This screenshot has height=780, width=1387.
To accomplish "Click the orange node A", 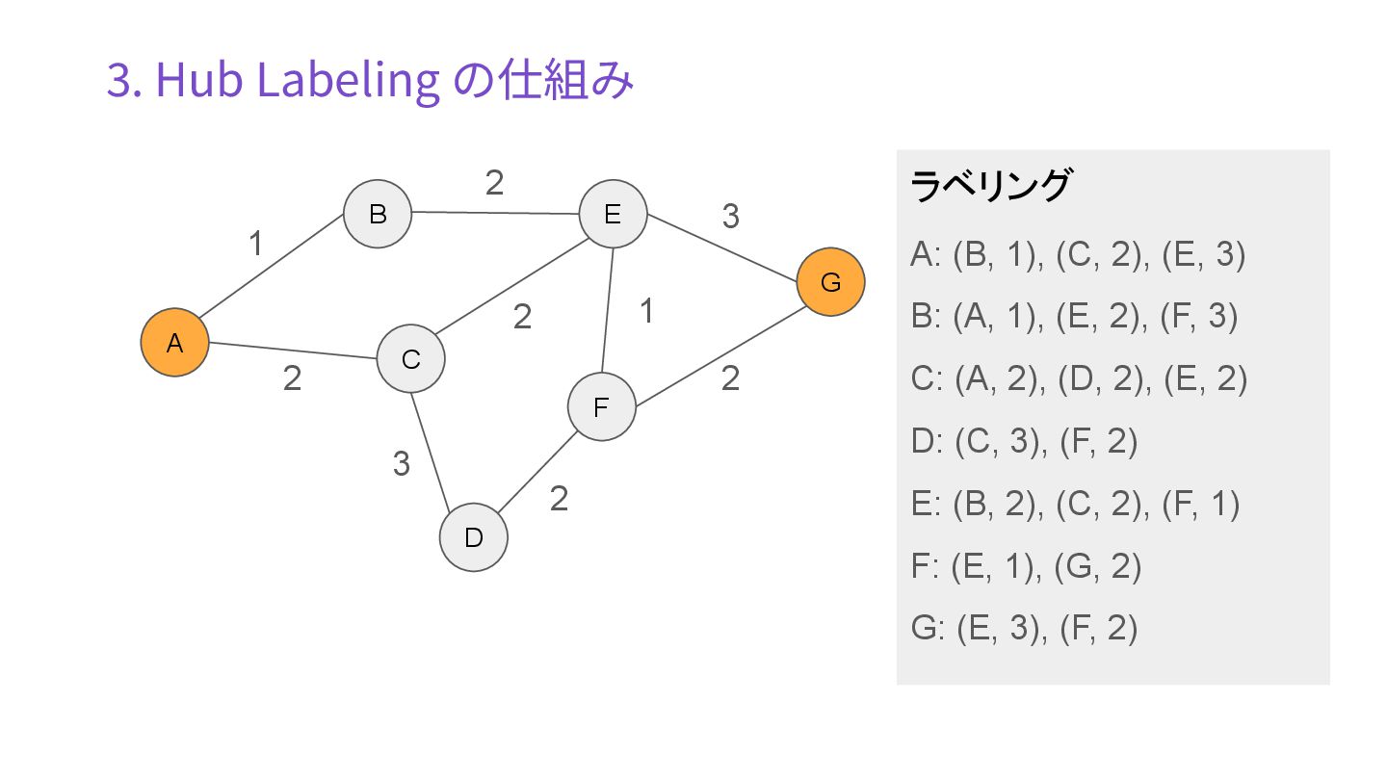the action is point(174,342).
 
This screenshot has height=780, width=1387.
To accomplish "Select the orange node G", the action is point(830,282).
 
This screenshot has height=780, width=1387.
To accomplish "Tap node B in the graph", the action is point(378,213).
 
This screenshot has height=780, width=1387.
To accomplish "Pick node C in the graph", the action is point(410,359).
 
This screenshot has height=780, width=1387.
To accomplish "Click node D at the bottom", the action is point(473,537).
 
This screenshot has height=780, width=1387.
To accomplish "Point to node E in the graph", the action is point(613,214).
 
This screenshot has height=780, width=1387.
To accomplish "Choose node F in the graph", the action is point(601,407).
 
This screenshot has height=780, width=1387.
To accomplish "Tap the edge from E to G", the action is point(722,248).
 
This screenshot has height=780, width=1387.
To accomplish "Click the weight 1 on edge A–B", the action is point(255,245).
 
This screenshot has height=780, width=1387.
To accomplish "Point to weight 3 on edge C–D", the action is point(402,464).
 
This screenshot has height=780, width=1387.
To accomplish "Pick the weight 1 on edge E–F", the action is point(647,311).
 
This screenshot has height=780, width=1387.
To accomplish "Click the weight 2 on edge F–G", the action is point(730,378).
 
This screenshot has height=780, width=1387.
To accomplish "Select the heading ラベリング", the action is point(989,185).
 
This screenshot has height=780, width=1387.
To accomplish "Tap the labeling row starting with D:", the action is point(1024,442).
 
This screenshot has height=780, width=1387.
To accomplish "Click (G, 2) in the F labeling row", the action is point(1098,566).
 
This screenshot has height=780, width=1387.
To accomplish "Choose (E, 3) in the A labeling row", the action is point(1204,255).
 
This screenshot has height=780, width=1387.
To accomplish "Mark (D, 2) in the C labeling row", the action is point(1100,379).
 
